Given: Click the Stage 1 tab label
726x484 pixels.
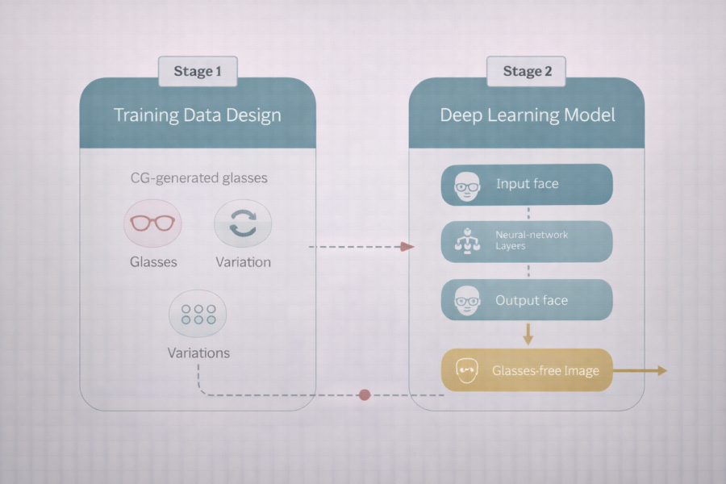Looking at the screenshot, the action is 198,71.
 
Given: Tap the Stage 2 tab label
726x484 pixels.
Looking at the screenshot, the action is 527,71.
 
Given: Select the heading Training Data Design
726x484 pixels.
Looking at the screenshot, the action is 198,115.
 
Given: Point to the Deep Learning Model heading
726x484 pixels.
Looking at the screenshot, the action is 528,115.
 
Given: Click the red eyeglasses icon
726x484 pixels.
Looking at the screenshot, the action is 152,223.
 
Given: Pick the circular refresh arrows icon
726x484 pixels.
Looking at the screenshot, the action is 243,223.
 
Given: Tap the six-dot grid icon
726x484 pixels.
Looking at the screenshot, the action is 198,314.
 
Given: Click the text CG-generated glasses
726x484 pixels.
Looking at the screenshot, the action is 199,177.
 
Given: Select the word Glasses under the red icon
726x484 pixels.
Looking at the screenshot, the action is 153,262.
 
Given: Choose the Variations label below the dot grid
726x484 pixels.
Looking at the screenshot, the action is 198,353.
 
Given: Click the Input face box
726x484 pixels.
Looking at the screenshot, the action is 527,185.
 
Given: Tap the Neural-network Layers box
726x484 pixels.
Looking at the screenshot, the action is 527,241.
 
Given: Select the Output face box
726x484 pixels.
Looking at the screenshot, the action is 527,299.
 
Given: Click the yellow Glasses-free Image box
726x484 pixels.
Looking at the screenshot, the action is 527,370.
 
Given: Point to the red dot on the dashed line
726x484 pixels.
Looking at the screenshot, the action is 365,394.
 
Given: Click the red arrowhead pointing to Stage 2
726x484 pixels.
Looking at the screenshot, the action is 407,246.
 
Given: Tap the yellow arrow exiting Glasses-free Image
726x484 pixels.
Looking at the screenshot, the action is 640,370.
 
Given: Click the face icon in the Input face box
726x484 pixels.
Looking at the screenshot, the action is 467,186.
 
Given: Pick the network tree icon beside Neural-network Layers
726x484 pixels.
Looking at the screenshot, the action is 467,241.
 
